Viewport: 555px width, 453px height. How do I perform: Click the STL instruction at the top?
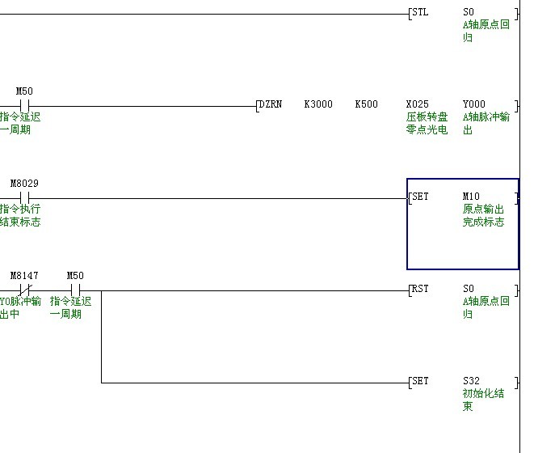coord(420,13)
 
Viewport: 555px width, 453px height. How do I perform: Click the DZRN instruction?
coord(270,104)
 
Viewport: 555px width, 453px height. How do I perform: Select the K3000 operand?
coord(318,104)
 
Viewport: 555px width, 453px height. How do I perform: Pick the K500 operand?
coord(366,104)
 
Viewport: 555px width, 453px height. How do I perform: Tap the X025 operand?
coord(418,104)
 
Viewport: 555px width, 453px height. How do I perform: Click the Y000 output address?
coord(474,104)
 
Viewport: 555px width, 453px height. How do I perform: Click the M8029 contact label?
coord(24,184)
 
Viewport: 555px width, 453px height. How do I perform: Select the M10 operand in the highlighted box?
coord(471,197)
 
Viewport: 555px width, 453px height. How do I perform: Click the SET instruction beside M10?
coord(420,197)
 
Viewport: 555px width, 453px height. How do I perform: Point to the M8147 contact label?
coord(24,276)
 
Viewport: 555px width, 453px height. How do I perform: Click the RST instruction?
coord(420,289)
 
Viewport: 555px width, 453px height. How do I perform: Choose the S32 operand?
coord(471,381)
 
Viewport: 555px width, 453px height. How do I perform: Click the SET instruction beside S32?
coord(420,381)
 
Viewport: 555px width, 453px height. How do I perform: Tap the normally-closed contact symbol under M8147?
coord(24,290)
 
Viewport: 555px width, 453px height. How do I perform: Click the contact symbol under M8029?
coord(24,197)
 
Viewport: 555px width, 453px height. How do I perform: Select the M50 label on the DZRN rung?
coord(24,91)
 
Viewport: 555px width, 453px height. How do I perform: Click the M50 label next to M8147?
coord(75,276)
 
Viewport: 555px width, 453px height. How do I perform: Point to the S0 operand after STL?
coord(469,13)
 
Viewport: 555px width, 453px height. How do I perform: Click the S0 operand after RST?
coord(469,289)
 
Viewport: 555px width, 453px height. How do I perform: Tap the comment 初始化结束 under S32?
coord(483,400)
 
